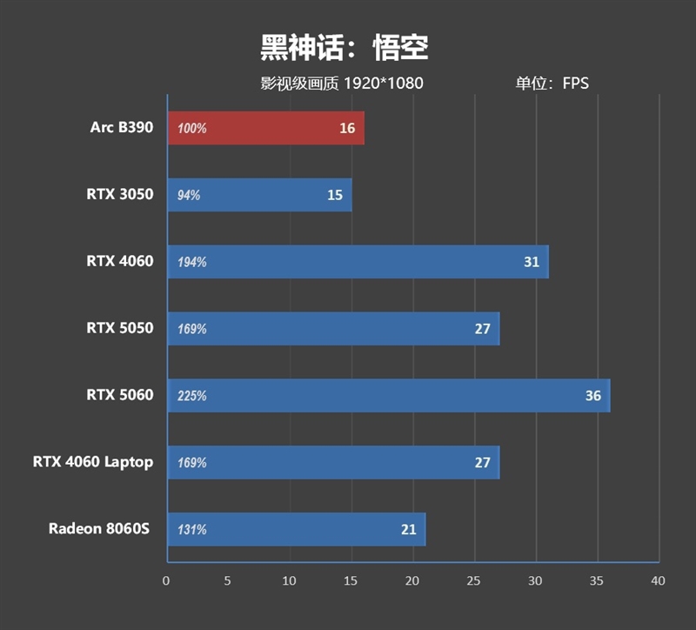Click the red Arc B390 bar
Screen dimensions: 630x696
pos(265,128)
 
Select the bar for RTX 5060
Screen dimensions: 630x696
pos(388,395)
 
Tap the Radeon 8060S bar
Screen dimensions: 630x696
pos(296,529)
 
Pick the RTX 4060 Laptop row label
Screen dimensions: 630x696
pos(93,462)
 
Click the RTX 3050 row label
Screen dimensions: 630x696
pos(120,195)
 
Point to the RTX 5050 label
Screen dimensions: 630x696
pos(120,328)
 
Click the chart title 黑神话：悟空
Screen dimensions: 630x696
pos(345,48)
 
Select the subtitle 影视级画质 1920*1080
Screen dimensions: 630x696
pos(342,84)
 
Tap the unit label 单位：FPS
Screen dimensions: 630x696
pos(552,84)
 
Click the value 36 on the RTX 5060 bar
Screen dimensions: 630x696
pos(592,395)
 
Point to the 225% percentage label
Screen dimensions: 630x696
pos(192,396)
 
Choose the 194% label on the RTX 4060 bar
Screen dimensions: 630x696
pos(192,262)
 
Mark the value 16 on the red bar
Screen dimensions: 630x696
pos(347,128)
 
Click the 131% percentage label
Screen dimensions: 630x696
pos(192,529)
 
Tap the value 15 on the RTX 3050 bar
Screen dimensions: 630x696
pos(335,195)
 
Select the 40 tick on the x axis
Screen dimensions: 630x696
pos(658,580)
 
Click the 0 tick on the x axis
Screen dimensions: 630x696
pos(166,580)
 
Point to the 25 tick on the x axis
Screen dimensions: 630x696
pos(473,580)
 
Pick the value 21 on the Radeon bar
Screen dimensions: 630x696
pos(409,529)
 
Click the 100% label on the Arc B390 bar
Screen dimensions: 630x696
pos(192,129)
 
